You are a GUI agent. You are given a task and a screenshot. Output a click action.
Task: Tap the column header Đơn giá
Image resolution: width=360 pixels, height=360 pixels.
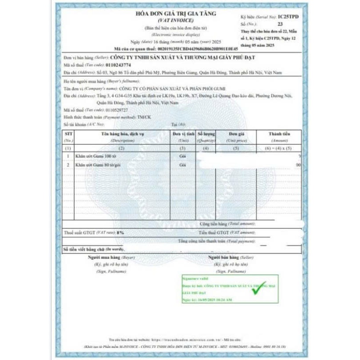click(235, 133)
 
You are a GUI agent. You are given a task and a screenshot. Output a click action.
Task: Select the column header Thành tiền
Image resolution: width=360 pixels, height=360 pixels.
click(279, 133)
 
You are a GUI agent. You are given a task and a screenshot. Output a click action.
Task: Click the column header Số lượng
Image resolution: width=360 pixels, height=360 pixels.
click(206, 133)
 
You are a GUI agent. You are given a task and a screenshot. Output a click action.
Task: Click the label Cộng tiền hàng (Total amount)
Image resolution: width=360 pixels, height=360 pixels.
click(227, 224)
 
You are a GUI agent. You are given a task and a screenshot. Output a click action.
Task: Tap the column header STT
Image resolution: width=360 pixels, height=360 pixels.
click(69, 133)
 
